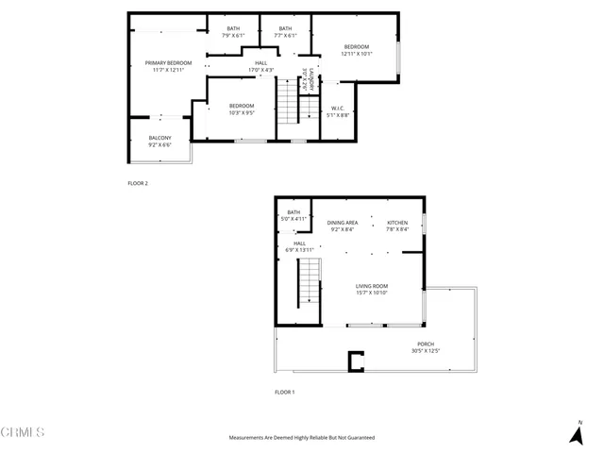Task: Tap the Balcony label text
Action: click(x=160, y=142)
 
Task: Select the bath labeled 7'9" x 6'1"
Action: click(x=233, y=32)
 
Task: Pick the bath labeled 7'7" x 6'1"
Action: click(x=285, y=32)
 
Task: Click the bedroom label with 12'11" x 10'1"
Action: click(x=356, y=50)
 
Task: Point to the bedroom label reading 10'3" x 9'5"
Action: click(x=241, y=109)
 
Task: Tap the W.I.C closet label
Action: click(x=338, y=110)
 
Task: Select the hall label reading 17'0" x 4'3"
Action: click(x=260, y=66)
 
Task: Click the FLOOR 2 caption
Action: click(x=138, y=183)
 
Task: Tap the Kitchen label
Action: click(x=397, y=226)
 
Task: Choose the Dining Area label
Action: click(x=343, y=226)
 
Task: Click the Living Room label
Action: click(x=372, y=289)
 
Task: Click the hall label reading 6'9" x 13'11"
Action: click(x=299, y=246)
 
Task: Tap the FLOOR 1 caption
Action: click(x=285, y=392)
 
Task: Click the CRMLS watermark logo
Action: click(x=23, y=432)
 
